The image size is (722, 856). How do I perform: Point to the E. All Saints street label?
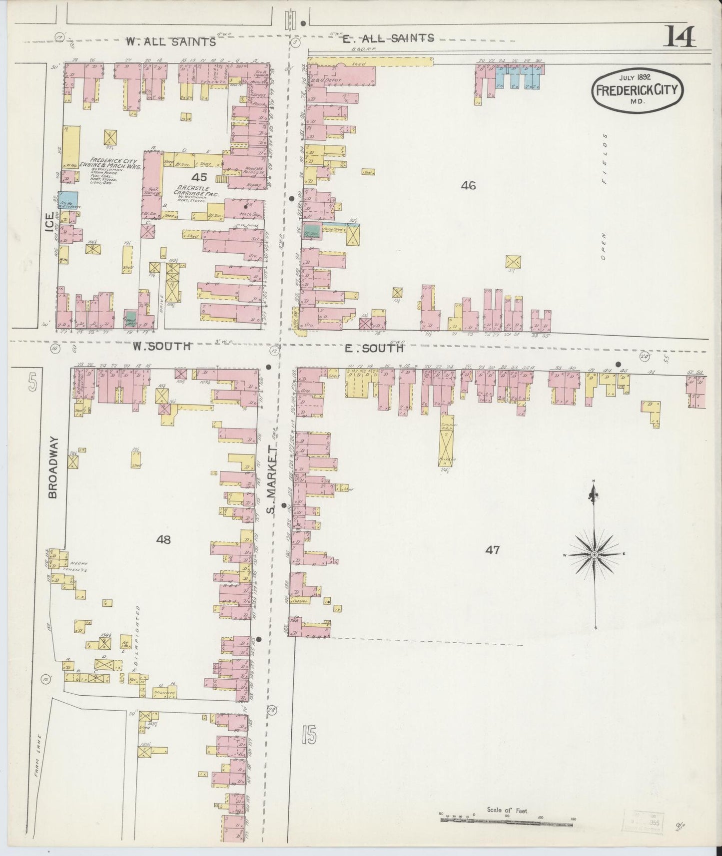[x=388, y=38]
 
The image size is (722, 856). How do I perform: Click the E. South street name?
[x=374, y=348]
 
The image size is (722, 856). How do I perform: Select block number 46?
[x=468, y=185]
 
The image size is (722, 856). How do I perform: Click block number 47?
[x=492, y=550]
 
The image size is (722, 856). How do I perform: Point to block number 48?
[x=163, y=539]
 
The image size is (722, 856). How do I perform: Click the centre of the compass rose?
[x=594, y=555]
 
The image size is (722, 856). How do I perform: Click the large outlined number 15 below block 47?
[x=309, y=735]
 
